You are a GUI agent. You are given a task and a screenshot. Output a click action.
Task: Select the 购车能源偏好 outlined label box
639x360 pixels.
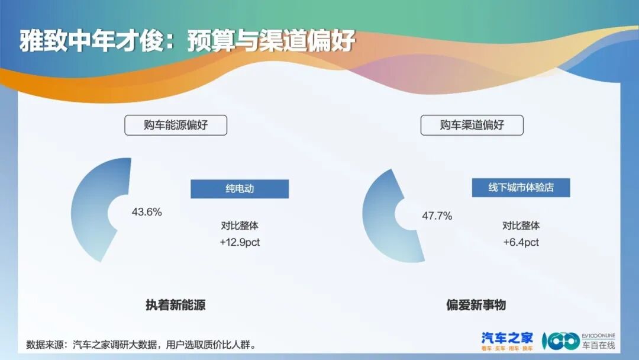pos(176,125)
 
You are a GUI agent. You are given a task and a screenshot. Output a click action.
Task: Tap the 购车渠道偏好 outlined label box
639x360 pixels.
pos(472,125)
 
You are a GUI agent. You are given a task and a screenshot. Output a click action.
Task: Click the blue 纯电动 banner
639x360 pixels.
pos(239,189)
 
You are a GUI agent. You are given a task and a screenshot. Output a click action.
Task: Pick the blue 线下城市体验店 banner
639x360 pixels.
pos(521,188)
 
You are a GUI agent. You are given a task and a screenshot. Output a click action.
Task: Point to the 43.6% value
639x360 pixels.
pos(147,212)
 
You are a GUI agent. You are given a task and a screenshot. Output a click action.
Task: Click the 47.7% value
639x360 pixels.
pos(437,216)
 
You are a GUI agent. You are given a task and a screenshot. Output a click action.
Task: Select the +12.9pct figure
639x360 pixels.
pos(240,242)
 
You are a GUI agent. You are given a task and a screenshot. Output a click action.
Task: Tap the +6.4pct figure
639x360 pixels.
pos(521,242)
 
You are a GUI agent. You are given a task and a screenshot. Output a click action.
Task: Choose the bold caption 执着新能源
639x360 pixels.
pos(176,306)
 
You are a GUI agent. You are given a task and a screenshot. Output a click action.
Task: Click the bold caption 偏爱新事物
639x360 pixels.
pos(476,306)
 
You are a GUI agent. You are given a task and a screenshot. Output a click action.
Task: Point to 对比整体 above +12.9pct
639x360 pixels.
pos(240,226)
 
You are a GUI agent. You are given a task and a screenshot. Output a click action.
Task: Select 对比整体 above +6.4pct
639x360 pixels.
pos(521,226)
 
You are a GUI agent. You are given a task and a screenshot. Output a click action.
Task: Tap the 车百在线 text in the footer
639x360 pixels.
pos(598,345)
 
